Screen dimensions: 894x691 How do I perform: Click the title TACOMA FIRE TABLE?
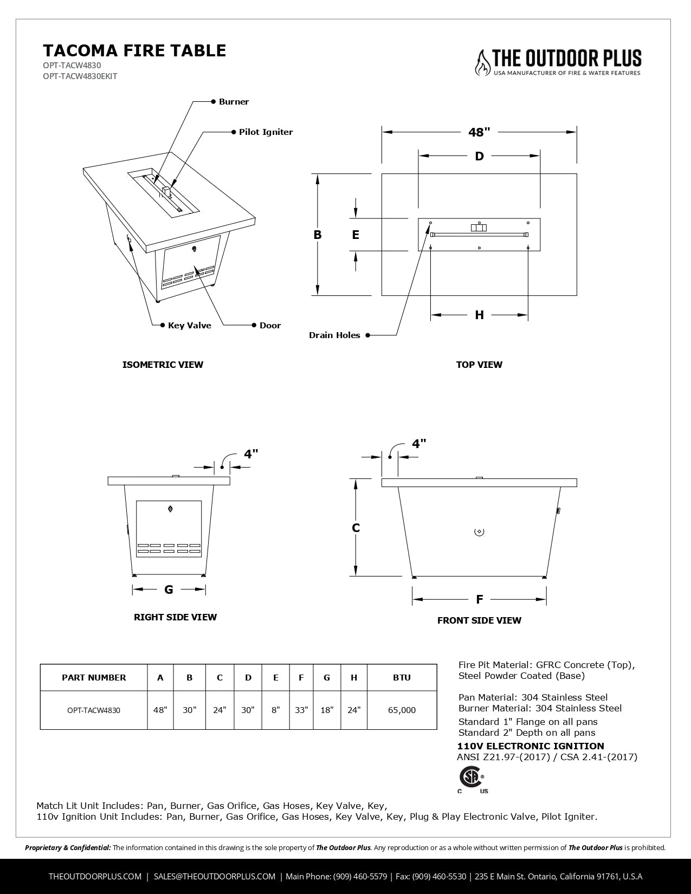point(134,50)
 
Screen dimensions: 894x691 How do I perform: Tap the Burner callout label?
point(234,102)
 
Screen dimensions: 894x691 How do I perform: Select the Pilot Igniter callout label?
point(266,132)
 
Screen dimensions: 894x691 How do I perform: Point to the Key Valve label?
point(189,326)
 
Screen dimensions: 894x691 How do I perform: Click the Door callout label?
point(270,326)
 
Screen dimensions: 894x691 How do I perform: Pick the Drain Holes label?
point(334,335)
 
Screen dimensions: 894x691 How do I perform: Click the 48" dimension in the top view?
point(479,132)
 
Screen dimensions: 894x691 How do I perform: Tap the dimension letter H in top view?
point(479,315)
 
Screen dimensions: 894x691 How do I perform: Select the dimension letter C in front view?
point(356,528)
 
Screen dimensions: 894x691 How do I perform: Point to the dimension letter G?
point(169,589)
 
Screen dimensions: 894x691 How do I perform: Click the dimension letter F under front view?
point(479,599)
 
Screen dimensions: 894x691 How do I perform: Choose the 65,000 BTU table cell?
point(402,710)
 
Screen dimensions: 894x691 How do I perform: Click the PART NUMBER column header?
point(94,678)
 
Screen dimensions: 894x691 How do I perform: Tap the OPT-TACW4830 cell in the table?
point(94,710)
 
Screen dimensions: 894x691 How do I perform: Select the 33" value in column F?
point(301,710)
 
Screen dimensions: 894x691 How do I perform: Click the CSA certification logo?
point(469,778)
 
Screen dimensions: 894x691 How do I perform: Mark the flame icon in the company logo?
point(482,62)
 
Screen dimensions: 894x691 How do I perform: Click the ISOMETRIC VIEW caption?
point(163,365)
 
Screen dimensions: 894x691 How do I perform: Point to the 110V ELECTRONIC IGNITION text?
point(531,746)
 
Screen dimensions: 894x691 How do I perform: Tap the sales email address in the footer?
point(214,876)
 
